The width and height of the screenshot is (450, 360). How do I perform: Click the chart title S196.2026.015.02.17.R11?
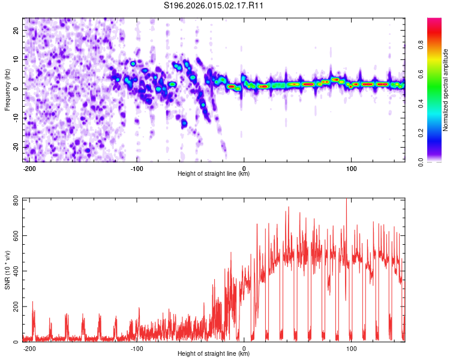click(214, 6)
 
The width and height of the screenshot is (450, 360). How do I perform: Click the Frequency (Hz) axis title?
click(7, 90)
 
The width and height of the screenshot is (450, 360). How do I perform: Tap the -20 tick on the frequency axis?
click(16, 147)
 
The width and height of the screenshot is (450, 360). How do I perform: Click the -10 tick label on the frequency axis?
click(16, 118)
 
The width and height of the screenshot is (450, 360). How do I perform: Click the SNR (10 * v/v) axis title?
click(7, 270)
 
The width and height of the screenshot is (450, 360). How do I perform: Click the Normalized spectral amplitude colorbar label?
click(446, 90)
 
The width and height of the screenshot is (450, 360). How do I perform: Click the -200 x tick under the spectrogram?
click(29, 168)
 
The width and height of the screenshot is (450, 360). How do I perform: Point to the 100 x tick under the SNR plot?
click(351, 348)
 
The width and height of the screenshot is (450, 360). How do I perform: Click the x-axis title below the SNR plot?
click(214, 354)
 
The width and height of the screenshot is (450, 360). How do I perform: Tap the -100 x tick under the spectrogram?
click(136, 168)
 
